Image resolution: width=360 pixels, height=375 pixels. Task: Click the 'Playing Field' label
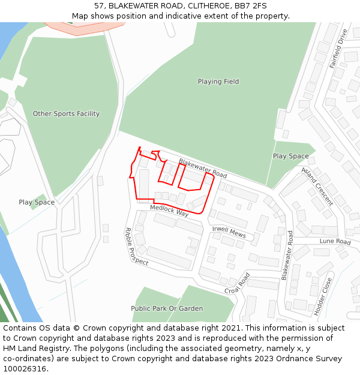[x=218, y=82]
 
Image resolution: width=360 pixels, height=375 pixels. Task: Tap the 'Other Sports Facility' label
[x=66, y=113]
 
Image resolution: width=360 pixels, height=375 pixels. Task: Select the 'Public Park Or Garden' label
[x=167, y=308]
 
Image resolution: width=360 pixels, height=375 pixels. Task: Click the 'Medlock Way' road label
[x=169, y=211]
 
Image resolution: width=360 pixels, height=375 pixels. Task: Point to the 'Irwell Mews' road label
[x=229, y=232]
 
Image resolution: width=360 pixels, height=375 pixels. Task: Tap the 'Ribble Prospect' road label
[x=136, y=246]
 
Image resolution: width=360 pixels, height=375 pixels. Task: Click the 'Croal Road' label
[x=237, y=284]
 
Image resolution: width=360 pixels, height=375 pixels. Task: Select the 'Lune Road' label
[x=335, y=242]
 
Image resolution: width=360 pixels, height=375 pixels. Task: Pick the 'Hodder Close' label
[x=323, y=296]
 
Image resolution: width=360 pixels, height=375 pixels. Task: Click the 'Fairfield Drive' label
[x=338, y=48]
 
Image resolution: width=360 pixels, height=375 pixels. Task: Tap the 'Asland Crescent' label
[x=317, y=187]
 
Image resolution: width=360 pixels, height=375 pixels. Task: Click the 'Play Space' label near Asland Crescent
[x=290, y=156]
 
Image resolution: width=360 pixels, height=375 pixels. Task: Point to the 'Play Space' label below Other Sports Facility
[x=37, y=202]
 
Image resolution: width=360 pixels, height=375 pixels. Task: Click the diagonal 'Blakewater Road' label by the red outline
[x=203, y=169]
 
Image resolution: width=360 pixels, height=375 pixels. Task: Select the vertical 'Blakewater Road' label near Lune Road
[x=286, y=255]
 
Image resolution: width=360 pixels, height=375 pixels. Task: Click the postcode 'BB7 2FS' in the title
[x=252, y=6]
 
